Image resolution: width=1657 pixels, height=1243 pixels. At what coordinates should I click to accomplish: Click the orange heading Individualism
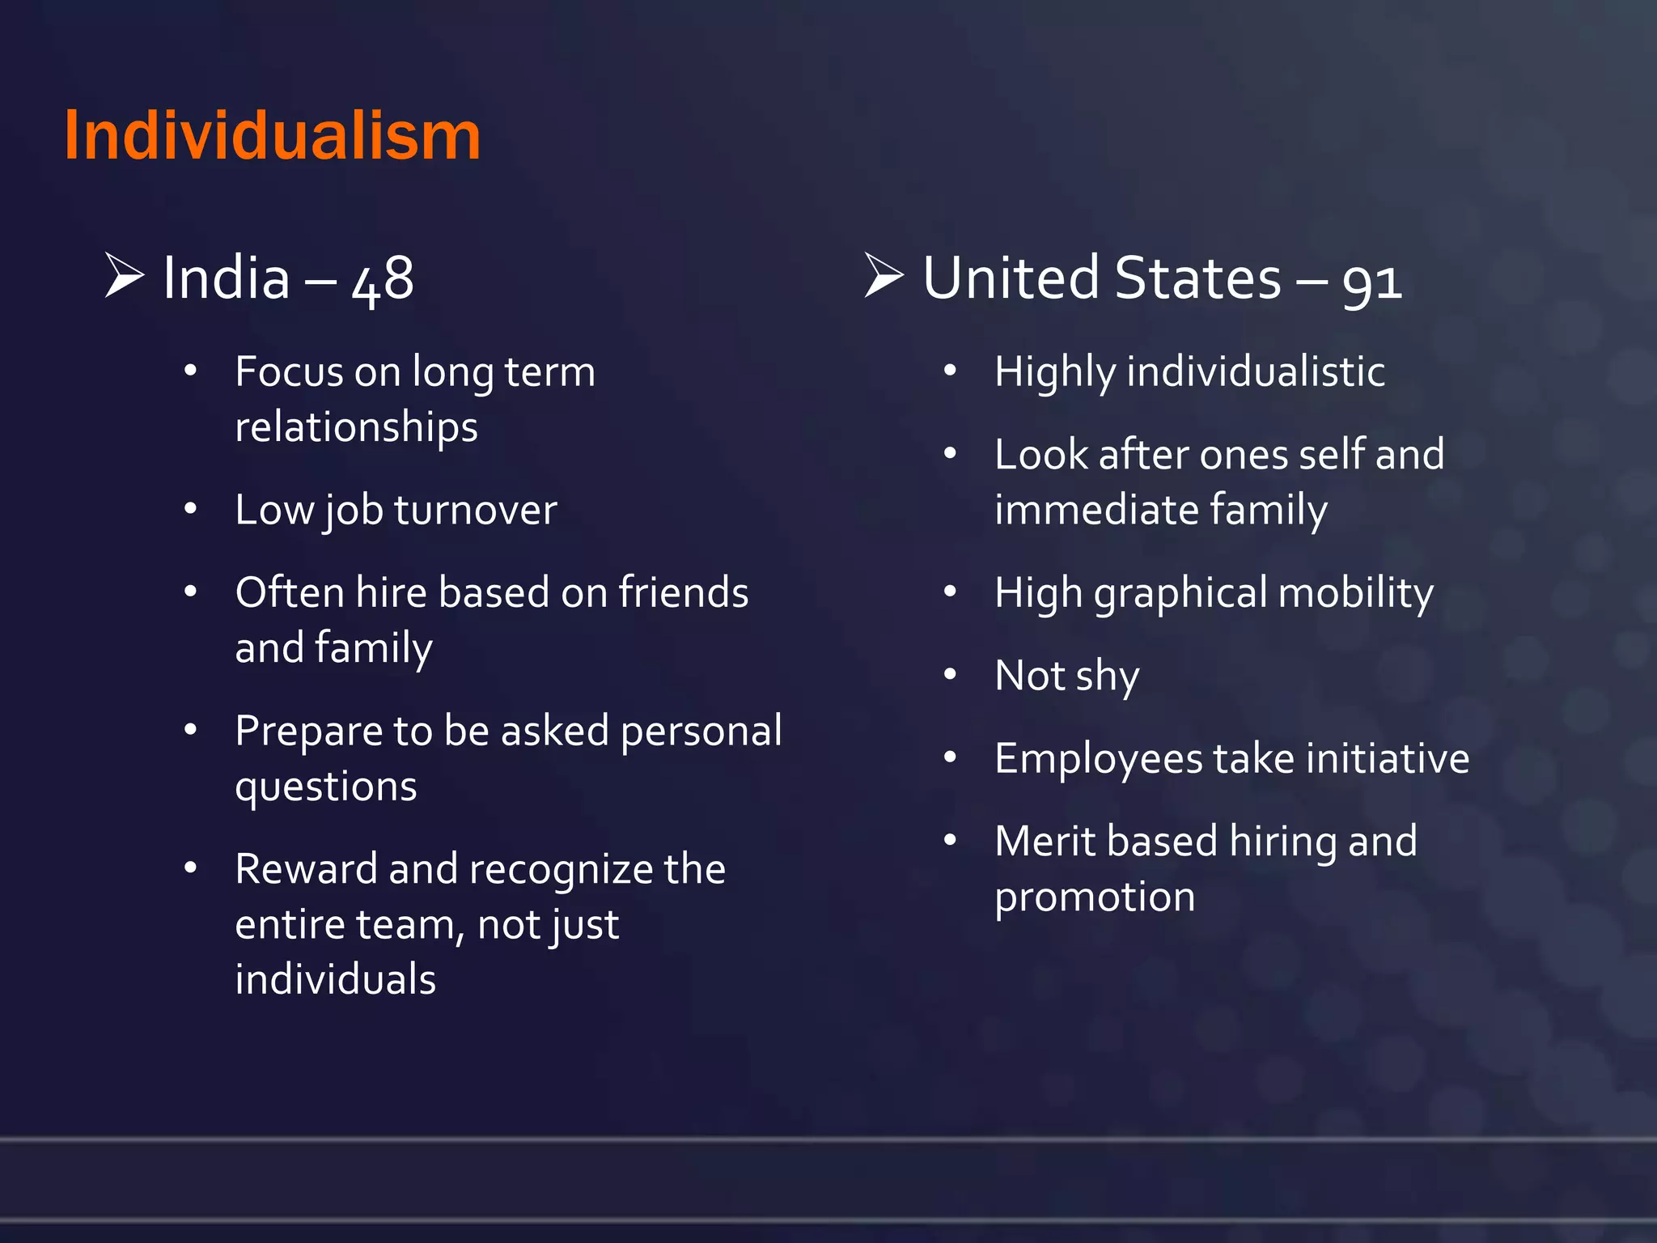pyautogui.click(x=273, y=135)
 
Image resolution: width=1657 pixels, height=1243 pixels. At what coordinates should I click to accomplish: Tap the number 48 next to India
pyautogui.click(x=383, y=279)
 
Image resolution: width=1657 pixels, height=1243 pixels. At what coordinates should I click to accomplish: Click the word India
pyautogui.click(x=226, y=278)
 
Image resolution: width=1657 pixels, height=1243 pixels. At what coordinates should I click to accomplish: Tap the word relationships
pyautogui.click(x=356, y=427)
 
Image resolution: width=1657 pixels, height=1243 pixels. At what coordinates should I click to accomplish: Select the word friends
pyautogui.click(x=684, y=592)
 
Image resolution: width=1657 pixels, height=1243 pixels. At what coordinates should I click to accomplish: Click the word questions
pyautogui.click(x=326, y=787)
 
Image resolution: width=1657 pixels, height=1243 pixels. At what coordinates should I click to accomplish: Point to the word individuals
pyautogui.click(x=335, y=979)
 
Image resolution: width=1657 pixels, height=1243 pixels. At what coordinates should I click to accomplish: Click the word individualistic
pyautogui.click(x=1255, y=372)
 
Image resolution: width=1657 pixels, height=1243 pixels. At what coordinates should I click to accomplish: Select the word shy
pyautogui.click(x=1107, y=677)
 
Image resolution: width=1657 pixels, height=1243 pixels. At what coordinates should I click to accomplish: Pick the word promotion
pyautogui.click(x=1095, y=897)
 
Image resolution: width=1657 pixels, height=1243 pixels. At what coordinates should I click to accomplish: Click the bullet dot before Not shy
pyautogui.click(x=951, y=674)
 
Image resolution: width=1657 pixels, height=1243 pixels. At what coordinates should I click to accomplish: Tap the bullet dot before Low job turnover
pyautogui.click(x=191, y=509)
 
